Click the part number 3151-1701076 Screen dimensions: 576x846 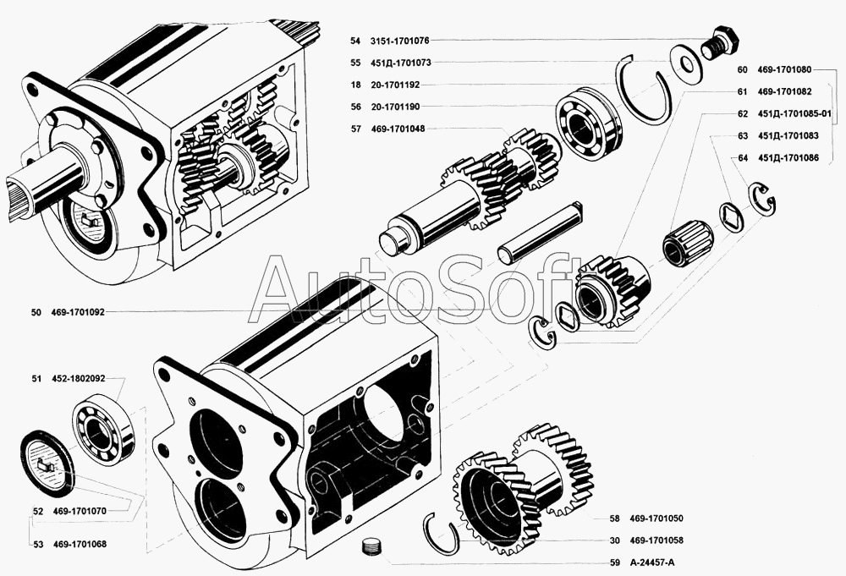[401, 41]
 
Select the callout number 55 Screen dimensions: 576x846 [354, 63]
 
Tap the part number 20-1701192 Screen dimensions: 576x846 [395, 85]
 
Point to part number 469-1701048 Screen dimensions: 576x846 [398, 129]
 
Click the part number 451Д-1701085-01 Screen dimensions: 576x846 [795, 113]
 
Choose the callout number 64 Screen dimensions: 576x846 [743, 157]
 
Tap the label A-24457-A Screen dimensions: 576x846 [654, 562]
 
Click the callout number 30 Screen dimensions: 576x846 [613, 540]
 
